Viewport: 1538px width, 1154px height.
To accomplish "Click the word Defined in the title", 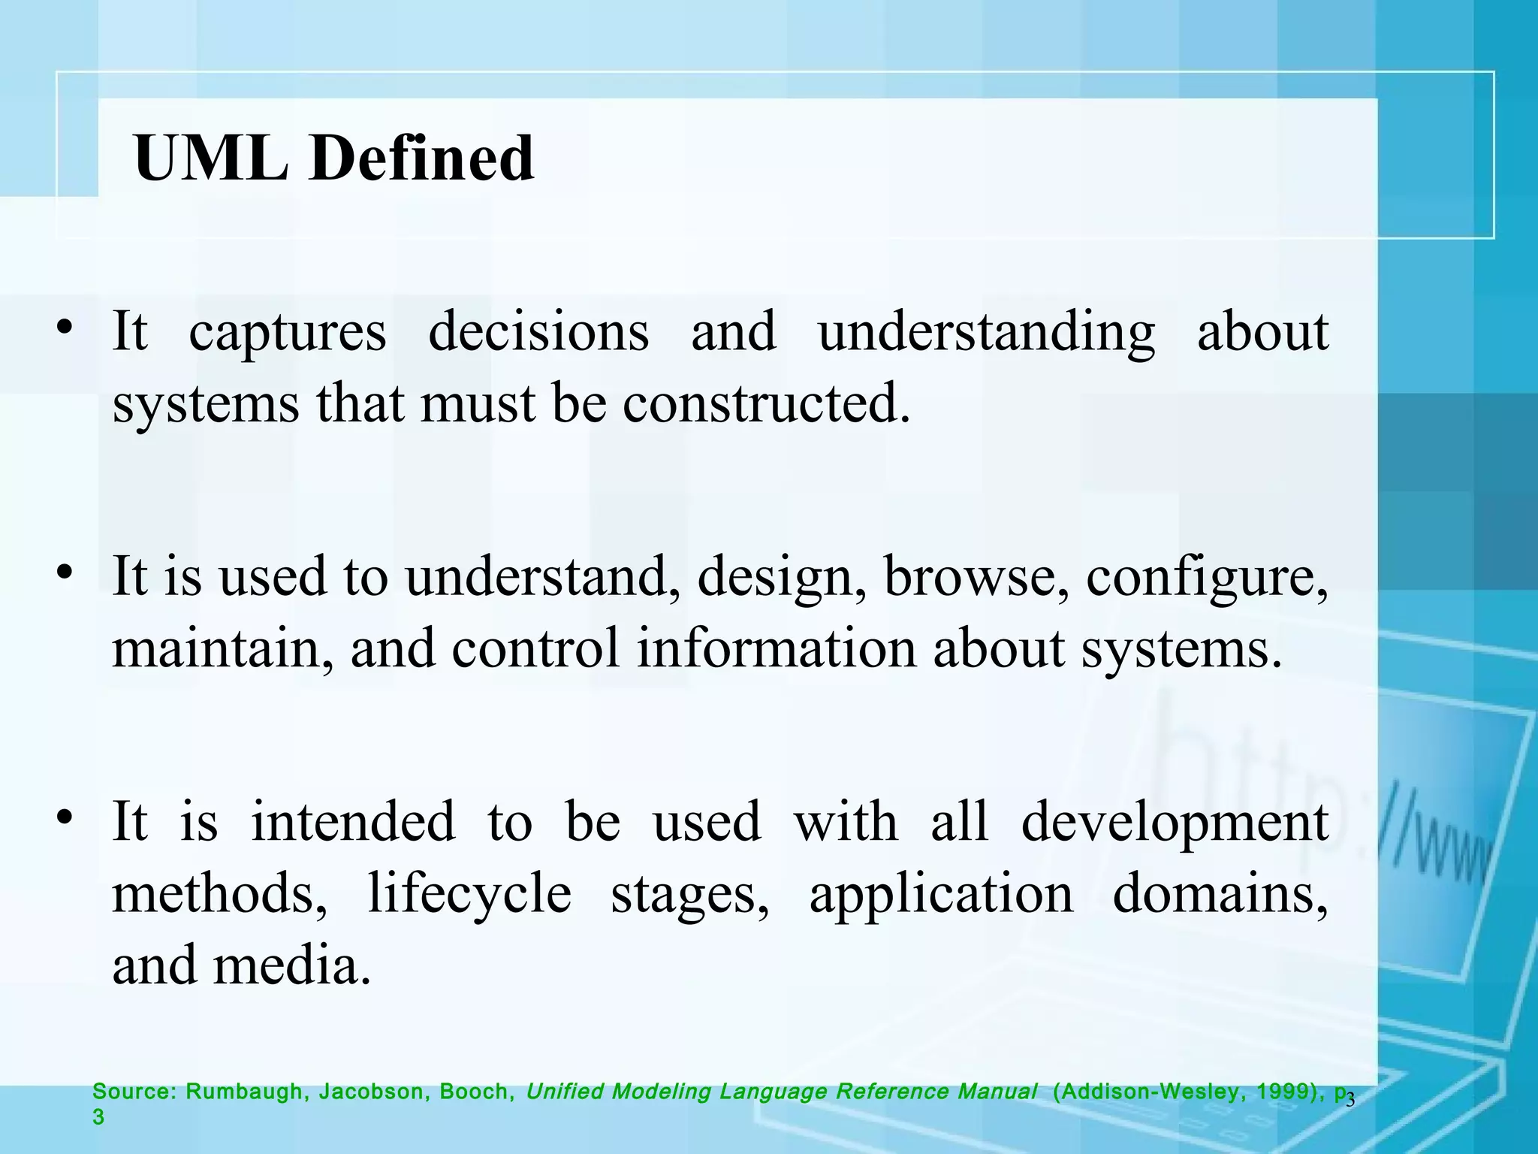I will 421,159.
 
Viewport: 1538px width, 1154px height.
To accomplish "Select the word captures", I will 288,333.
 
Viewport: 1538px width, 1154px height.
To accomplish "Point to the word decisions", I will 538,331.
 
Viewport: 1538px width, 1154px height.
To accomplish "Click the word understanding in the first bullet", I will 987,333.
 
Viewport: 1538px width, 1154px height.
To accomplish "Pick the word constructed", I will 765,403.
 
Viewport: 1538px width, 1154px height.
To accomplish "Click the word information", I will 777,648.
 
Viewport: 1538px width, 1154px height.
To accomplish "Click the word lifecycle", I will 469,894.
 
